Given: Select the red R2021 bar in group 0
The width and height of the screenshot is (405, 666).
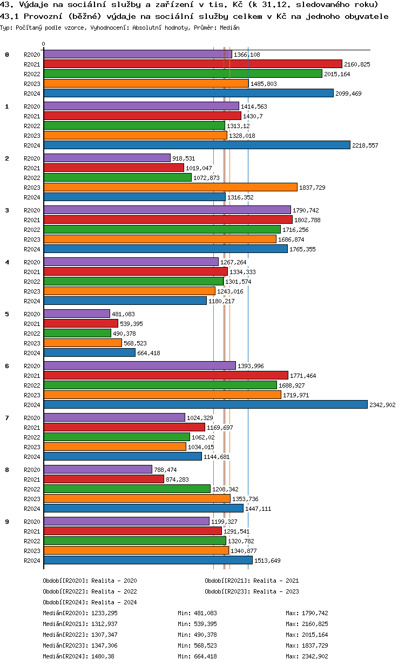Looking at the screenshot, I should click(193, 64).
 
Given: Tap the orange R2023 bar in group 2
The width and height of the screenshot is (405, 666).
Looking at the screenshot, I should click(170, 187).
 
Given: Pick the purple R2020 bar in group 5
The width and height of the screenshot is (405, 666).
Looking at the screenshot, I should click(77, 314).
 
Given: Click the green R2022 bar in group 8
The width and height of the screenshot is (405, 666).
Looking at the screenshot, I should click(127, 489).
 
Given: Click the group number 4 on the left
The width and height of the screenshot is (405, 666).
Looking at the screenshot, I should click(7, 262).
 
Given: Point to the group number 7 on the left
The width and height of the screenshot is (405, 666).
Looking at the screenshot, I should click(7, 417).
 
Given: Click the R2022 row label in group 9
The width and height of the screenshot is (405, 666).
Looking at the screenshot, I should click(32, 541).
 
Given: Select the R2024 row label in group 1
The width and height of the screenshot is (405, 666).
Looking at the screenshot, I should click(32, 145).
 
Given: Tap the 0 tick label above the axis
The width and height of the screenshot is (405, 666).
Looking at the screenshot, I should click(44, 44).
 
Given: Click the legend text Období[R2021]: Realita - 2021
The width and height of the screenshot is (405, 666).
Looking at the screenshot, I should click(252, 581).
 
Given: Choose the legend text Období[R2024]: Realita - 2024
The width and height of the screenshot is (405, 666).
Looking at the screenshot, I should click(90, 602).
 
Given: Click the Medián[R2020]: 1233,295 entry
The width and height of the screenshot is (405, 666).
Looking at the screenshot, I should click(80, 613).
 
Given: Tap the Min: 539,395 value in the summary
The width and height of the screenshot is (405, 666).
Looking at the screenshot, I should click(197, 624).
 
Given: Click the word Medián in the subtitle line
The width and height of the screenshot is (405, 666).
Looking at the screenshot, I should click(230, 27).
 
